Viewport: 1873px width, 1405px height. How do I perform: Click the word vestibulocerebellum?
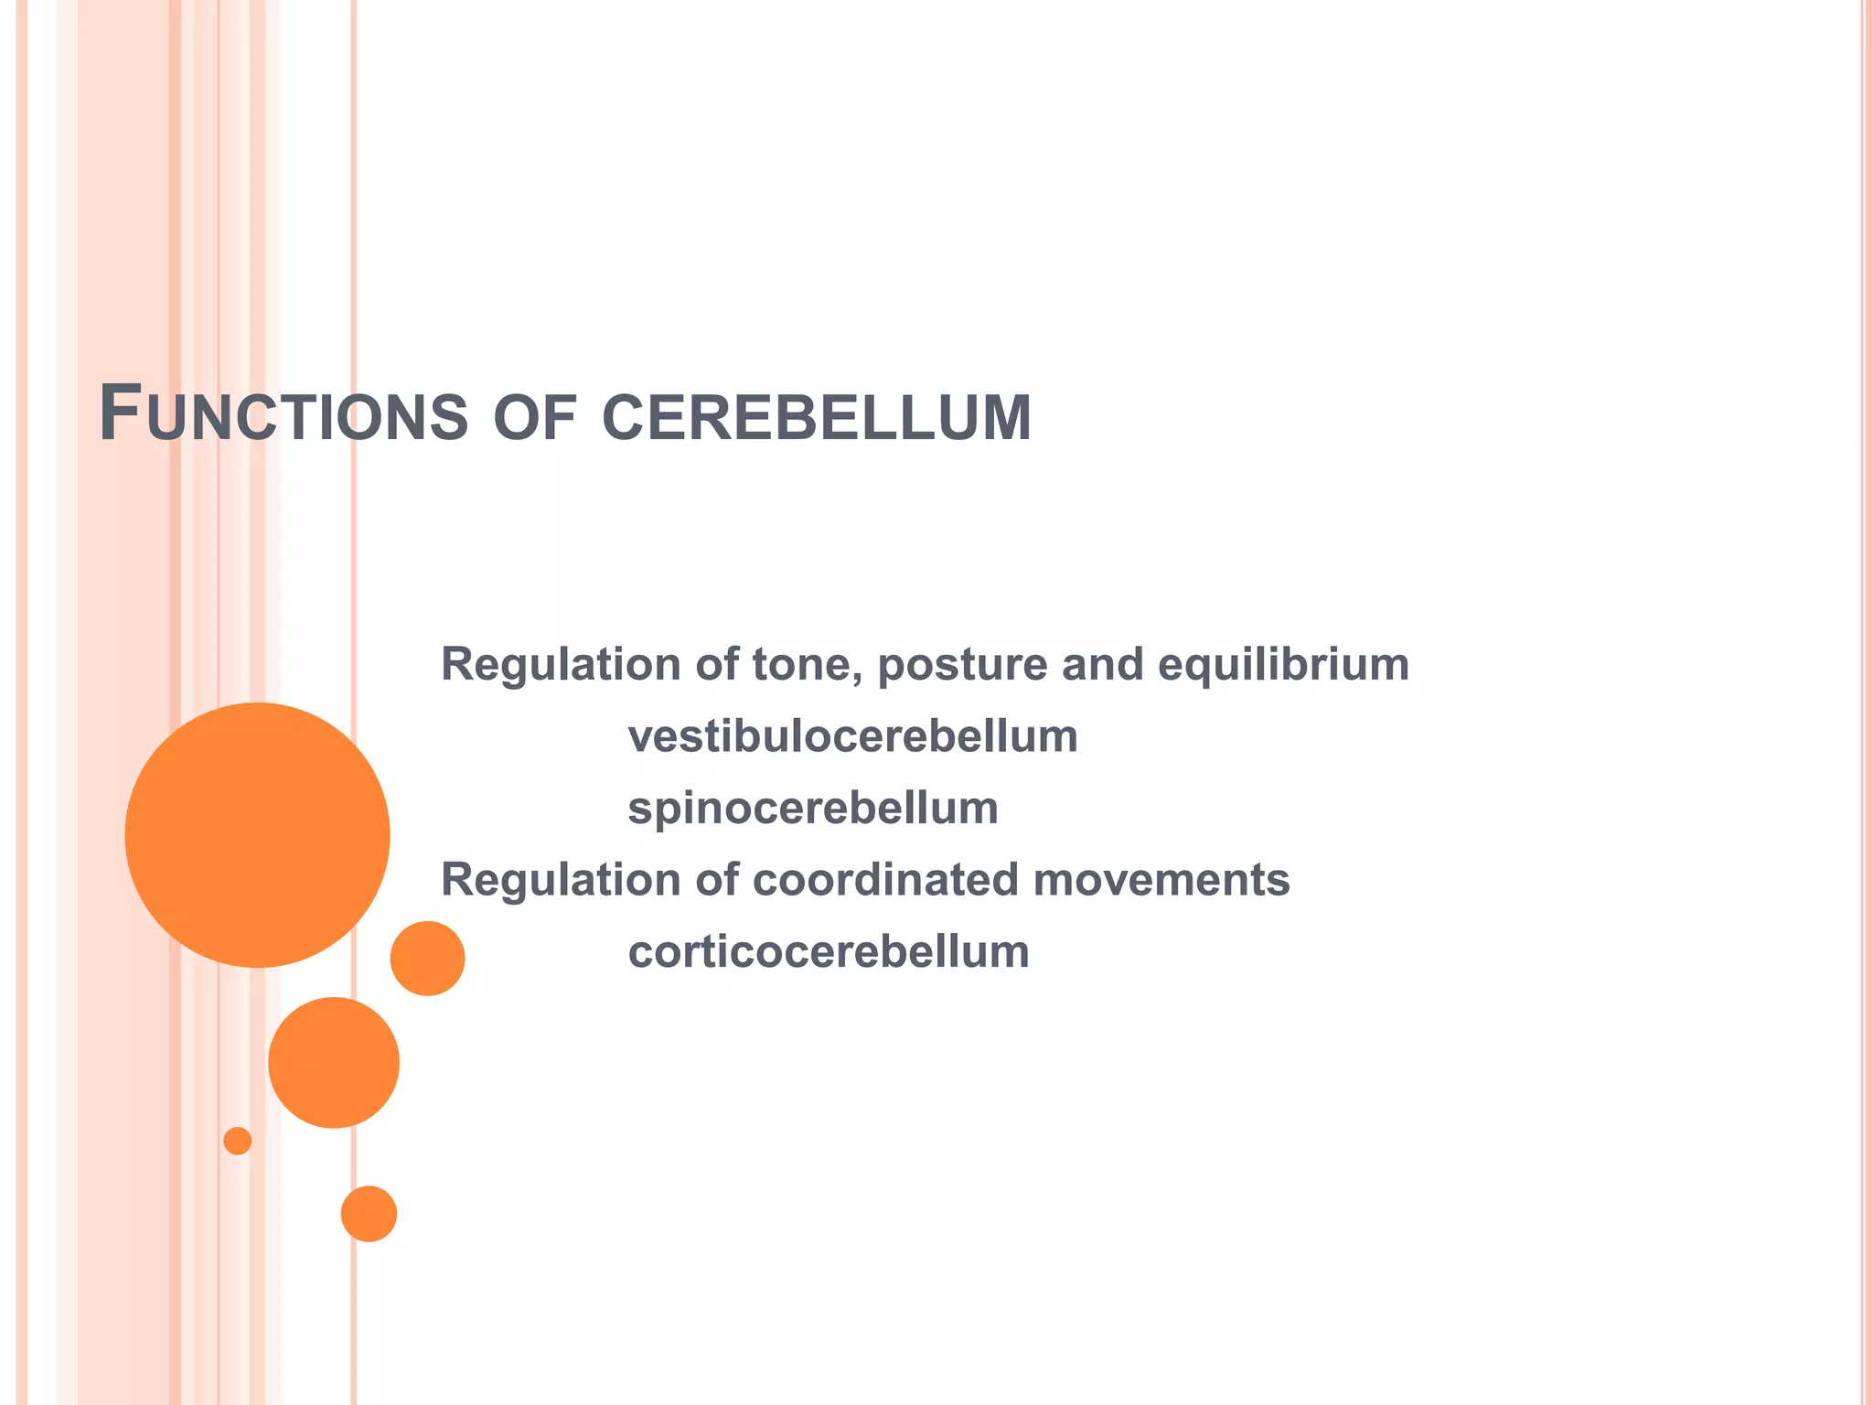coord(852,736)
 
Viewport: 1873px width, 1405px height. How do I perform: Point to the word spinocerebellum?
coord(812,809)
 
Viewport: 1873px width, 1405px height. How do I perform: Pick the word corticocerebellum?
coord(829,951)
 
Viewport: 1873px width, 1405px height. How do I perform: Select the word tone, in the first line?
coord(808,665)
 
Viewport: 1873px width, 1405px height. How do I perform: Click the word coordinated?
coord(885,880)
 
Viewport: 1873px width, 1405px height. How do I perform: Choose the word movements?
coord(1161,880)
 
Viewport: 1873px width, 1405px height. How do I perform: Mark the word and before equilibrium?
coord(1102,665)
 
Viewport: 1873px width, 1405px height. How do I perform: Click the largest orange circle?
coord(257,834)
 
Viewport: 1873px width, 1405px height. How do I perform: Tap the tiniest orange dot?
coord(237,1141)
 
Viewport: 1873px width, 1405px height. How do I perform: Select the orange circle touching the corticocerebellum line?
coord(427,958)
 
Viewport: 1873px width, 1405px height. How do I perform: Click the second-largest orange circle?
coord(334,1062)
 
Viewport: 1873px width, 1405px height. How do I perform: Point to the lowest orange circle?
coord(369,1213)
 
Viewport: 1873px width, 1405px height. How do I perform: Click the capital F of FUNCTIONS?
coord(120,413)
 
